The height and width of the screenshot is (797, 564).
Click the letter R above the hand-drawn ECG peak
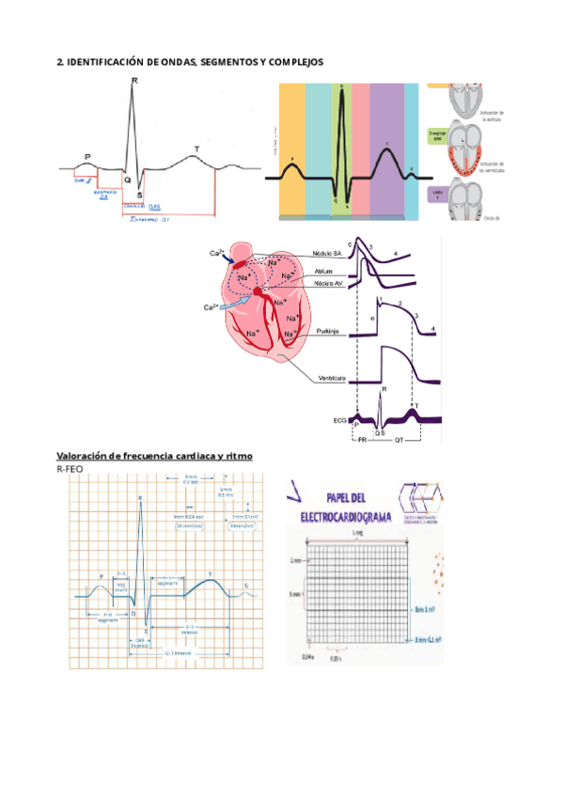[134, 82]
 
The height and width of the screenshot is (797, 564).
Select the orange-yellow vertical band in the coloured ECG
[293, 150]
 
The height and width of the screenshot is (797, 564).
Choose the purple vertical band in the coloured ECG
[386, 150]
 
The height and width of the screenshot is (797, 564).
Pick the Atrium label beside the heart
[322, 271]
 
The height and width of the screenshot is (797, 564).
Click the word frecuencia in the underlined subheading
[148, 456]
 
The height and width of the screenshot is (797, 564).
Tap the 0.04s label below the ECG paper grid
[306, 656]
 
